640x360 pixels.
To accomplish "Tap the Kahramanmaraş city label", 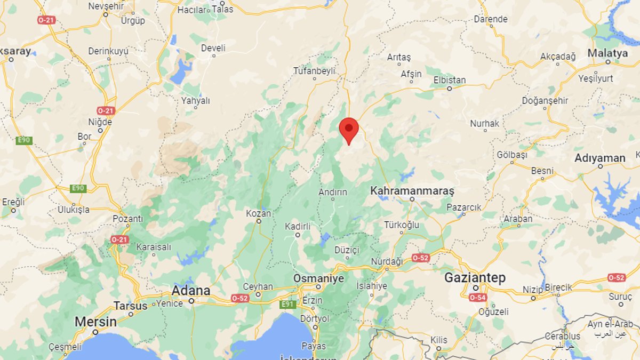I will (412, 190).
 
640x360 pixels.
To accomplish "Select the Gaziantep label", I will (475, 278).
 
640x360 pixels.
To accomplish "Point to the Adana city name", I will (190, 291).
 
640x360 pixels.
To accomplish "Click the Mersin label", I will (95, 322).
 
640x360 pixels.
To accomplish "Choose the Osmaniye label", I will (319, 278).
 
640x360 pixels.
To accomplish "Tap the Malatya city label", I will (607, 53).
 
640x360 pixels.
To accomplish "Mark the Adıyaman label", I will (600, 158).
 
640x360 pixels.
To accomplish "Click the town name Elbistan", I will (450, 81).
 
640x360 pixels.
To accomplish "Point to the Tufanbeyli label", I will (315, 70).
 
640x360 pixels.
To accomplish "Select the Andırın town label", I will (333, 192).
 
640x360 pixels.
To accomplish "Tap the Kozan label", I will (259, 213).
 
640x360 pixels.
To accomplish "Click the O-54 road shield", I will (477, 298).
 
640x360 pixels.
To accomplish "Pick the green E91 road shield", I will (288, 305).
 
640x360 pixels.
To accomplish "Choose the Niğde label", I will (100, 122).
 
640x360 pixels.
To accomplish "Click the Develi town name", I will (213, 48).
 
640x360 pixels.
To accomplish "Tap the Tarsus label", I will (130, 306).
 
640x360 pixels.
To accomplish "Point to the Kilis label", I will (439, 340).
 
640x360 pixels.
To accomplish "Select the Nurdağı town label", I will (387, 261).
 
